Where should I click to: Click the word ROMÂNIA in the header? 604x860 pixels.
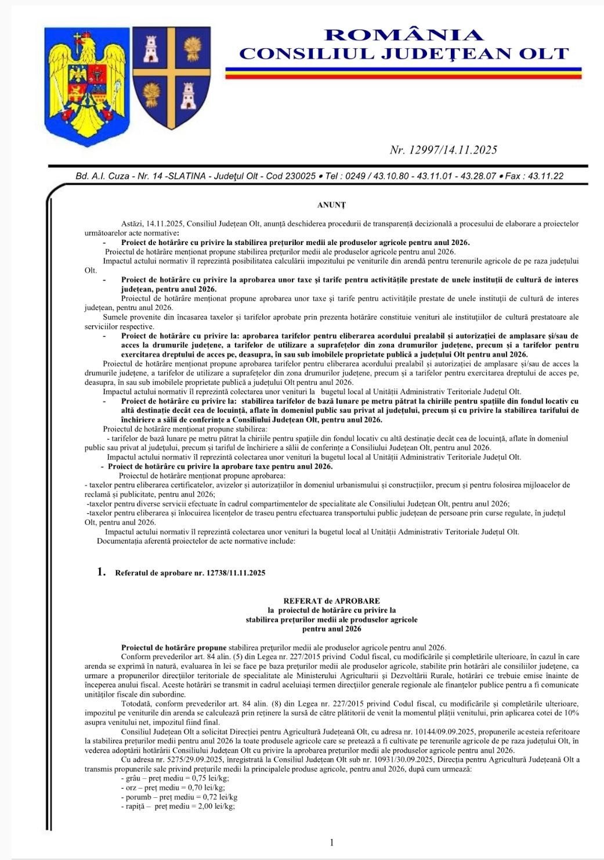pyautogui.click(x=404, y=35)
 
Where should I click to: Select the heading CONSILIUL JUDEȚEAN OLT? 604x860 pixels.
pyautogui.click(x=404, y=54)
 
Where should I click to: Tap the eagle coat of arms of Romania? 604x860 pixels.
pyautogui.click(x=87, y=81)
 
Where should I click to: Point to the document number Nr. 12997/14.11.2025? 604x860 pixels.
pyautogui.click(x=443, y=150)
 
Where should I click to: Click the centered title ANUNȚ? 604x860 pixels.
pyautogui.click(x=331, y=205)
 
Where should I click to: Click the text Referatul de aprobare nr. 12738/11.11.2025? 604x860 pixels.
pyautogui.click(x=190, y=573)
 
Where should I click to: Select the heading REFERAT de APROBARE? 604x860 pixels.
pyautogui.click(x=331, y=601)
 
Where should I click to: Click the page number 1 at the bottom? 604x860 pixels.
pyautogui.click(x=331, y=843)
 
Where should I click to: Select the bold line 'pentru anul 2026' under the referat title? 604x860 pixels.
pyautogui.click(x=331, y=628)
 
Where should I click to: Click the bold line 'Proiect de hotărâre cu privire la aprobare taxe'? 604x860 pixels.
pyautogui.click(x=219, y=466)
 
